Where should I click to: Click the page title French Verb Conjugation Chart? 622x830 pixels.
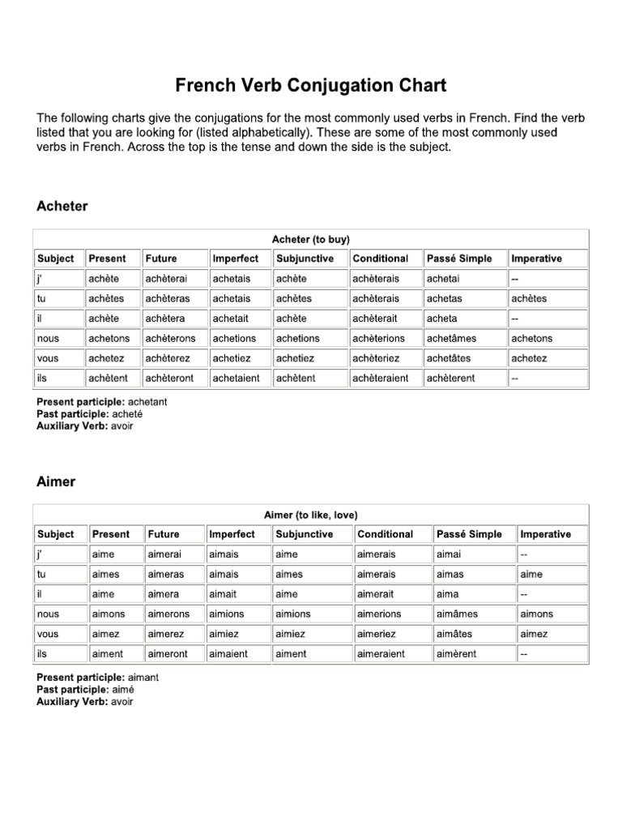point(311,85)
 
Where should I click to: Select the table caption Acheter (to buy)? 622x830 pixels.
point(311,239)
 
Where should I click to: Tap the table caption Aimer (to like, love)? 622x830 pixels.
point(311,515)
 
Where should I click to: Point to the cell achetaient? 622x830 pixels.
point(236,379)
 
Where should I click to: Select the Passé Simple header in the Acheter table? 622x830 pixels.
point(459,259)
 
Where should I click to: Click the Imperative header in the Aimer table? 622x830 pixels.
point(545,534)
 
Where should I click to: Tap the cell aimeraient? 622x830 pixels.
point(381,654)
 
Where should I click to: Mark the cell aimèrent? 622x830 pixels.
point(457,654)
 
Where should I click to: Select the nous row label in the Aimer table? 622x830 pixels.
point(49,614)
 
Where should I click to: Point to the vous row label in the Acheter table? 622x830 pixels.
point(49,358)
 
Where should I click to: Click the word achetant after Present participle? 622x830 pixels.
point(148,402)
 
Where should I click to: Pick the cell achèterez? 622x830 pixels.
point(168,358)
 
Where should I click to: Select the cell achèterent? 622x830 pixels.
point(452,379)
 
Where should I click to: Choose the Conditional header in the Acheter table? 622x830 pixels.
point(381,259)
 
